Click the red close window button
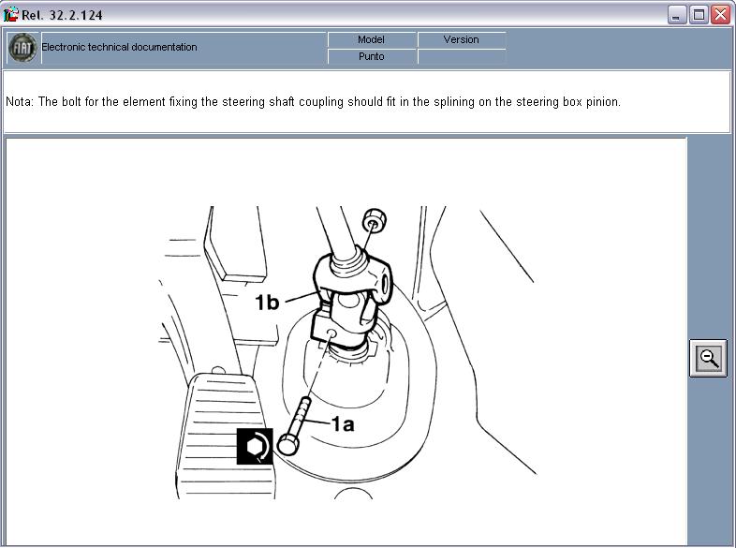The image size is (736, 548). pyautogui.click(x=720, y=15)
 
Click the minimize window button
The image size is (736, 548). pyautogui.click(x=676, y=15)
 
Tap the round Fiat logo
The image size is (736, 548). pyautogui.click(x=22, y=48)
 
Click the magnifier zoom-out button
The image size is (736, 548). pyautogui.click(x=708, y=358)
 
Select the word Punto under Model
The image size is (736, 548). pyautogui.click(x=372, y=56)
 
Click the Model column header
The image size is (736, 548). pyautogui.click(x=372, y=40)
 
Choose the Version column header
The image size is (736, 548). pyautogui.click(x=462, y=40)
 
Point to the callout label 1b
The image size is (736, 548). pyautogui.click(x=267, y=303)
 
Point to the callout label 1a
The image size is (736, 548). pyautogui.click(x=343, y=424)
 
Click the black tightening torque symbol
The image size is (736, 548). pyautogui.click(x=255, y=446)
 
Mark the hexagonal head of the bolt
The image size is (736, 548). pyautogui.click(x=287, y=445)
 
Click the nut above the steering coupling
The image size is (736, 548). pyautogui.click(x=375, y=219)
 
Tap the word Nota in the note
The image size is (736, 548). pyautogui.click(x=20, y=102)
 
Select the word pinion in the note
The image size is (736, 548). pyautogui.click(x=603, y=102)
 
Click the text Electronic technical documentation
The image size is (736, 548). pyautogui.click(x=119, y=47)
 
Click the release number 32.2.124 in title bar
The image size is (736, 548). pyautogui.click(x=76, y=15)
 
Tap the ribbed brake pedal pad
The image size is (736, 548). pyautogui.click(x=226, y=436)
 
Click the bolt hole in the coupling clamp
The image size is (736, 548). pyautogui.click(x=331, y=333)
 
